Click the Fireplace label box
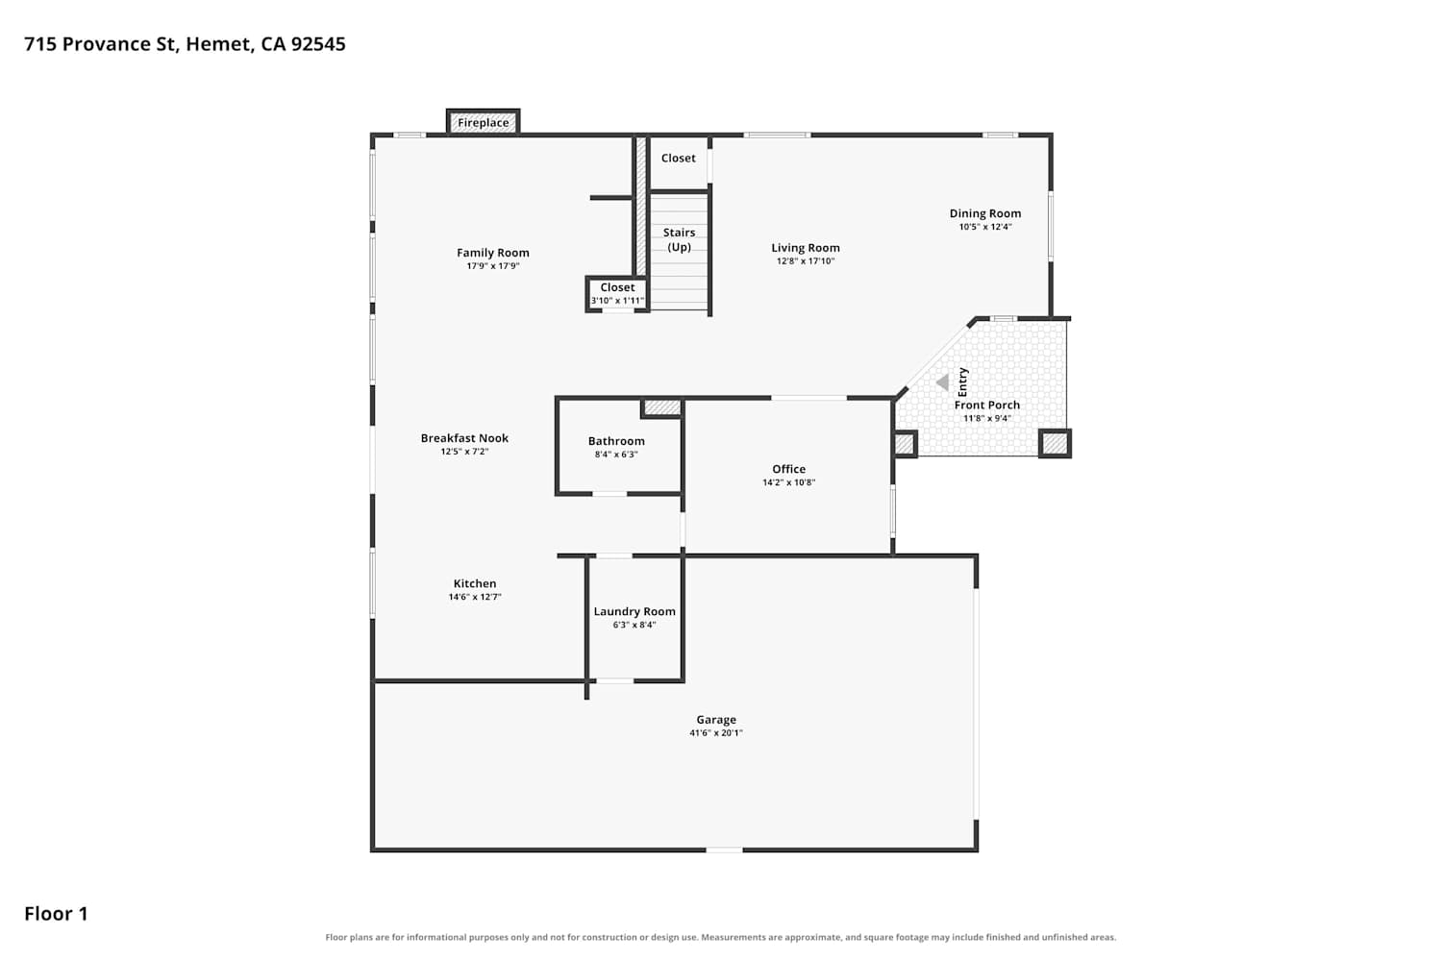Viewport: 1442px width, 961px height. pos(483,122)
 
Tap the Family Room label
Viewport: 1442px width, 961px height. pos(493,253)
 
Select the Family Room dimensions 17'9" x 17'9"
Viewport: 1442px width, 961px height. pos(493,266)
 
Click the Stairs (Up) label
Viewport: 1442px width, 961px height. pos(679,239)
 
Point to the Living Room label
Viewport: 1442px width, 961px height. pos(806,248)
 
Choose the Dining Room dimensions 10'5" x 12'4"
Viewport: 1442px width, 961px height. pos(985,227)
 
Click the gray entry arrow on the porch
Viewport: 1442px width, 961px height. pos(942,383)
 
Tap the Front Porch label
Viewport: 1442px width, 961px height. pos(987,405)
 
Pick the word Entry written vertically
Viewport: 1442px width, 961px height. pos(963,382)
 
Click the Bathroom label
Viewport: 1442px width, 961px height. pos(616,441)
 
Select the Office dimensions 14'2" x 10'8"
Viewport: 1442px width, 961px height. pos(788,482)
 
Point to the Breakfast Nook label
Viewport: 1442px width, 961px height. pos(464,438)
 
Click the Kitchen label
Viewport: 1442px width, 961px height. pos(475,584)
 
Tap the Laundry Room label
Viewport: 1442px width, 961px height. pos(634,611)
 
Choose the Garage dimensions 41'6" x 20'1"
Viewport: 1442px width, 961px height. pos(716,732)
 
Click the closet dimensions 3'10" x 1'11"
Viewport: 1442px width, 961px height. pos(617,301)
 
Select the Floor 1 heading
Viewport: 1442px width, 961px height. pos(56,913)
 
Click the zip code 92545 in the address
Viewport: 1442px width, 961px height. pos(318,44)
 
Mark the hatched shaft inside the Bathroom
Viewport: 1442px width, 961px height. pos(661,407)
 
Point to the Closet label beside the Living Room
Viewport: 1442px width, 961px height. pos(679,159)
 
